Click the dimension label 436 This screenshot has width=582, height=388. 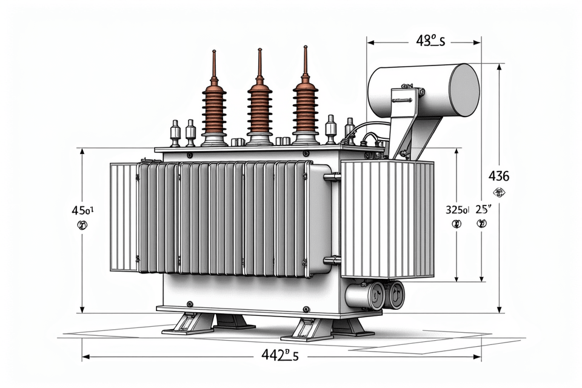pyautogui.click(x=499, y=177)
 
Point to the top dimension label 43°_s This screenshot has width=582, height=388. pyautogui.click(x=430, y=41)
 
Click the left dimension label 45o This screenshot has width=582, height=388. pyautogui.click(x=82, y=211)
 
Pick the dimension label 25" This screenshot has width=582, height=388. pyautogui.click(x=483, y=210)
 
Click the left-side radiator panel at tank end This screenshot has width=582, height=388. pyautogui.click(x=124, y=217)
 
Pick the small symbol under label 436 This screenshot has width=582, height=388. pyautogui.click(x=500, y=194)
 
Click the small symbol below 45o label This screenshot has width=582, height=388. pyautogui.click(x=82, y=226)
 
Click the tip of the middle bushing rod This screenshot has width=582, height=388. pyautogui.click(x=259, y=51)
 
